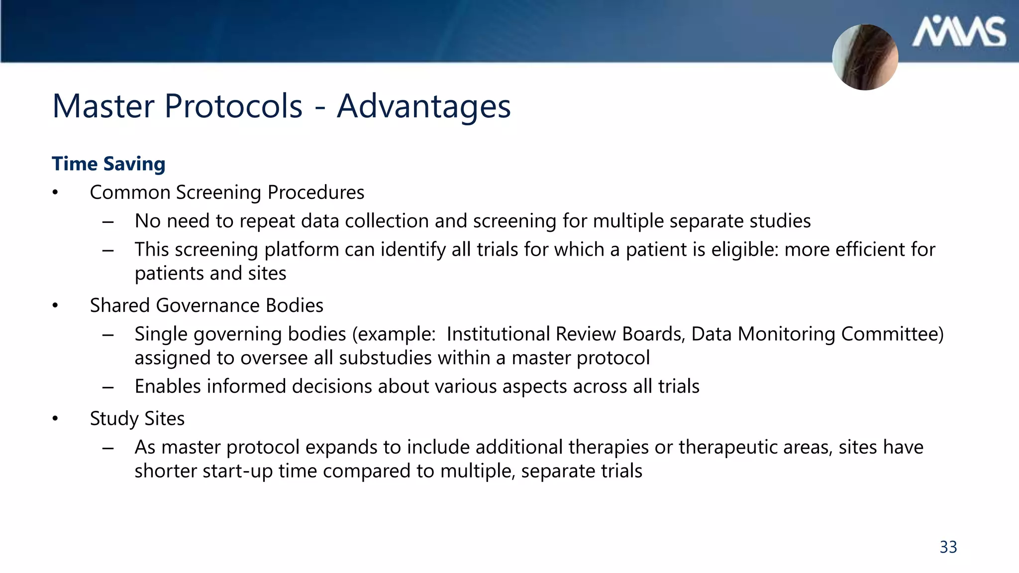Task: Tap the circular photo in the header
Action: pyautogui.click(x=865, y=57)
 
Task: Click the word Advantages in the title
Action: pyautogui.click(x=423, y=107)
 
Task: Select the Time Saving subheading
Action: pyautogui.click(x=108, y=164)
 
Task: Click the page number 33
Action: pyautogui.click(x=948, y=547)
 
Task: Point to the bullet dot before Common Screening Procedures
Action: pyautogui.click(x=55, y=193)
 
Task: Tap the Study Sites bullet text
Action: pyautogui.click(x=137, y=419)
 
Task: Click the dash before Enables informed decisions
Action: pyautogui.click(x=108, y=387)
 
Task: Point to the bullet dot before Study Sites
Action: pyautogui.click(x=55, y=419)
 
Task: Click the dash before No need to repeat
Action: pyautogui.click(x=108, y=221)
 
